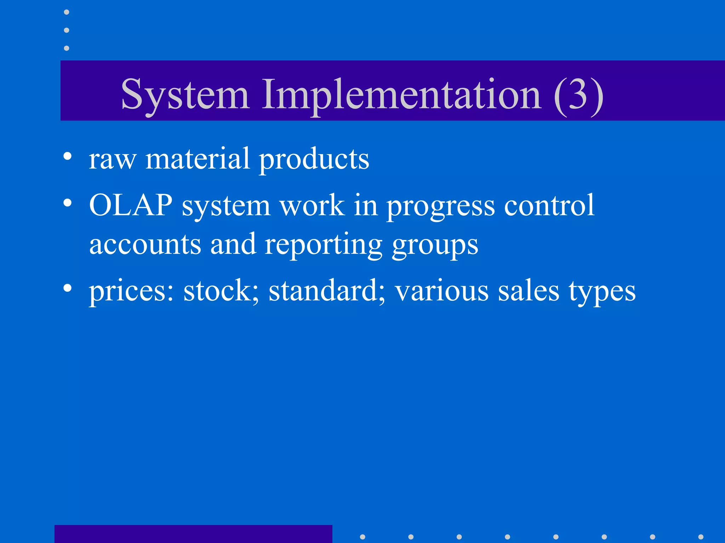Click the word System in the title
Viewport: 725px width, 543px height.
point(185,95)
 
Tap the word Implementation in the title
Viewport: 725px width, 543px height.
point(401,95)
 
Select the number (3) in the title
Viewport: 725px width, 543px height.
point(578,95)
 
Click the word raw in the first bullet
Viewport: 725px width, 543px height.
point(112,159)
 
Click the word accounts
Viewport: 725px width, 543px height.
point(145,245)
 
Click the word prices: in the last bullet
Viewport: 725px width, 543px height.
point(131,291)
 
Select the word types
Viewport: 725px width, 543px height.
point(602,292)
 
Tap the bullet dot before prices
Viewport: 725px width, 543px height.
point(67,288)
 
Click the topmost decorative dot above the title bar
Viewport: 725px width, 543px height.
point(67,12)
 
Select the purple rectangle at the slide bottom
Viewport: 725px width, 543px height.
point(193,534)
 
